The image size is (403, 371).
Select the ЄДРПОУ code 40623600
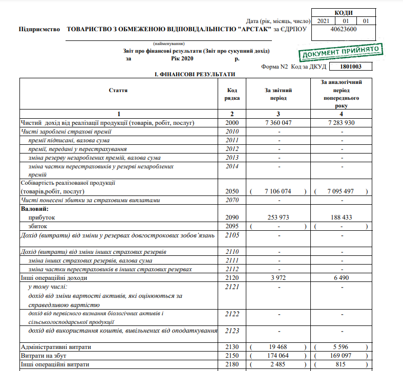point(344,30)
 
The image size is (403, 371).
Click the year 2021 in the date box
point(323,21)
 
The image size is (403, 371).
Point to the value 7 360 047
point(278,123)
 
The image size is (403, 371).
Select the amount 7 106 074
point(278,191)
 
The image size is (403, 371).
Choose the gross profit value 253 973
point(278,217)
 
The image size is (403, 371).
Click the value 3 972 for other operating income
point(278,278)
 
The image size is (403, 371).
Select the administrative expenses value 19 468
point(278,346)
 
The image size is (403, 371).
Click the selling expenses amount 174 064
point(278,355)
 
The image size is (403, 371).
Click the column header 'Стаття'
point(118,90)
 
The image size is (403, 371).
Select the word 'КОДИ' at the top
point(343,13)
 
